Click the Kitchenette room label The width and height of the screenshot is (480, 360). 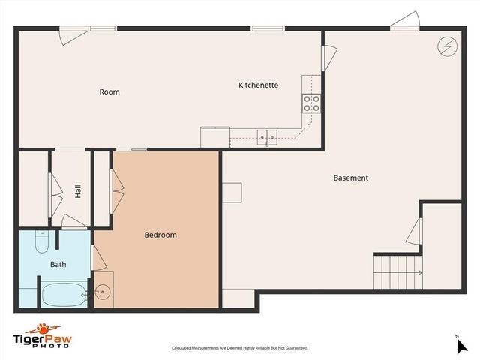pyautogui.click(x=258, y=85)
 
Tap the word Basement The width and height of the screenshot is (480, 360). pyautogui.click(x=351, y=178)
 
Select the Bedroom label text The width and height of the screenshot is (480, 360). pyautogui.click(x=160, y=235)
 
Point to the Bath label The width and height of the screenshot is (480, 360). pyautogui.click(x=58, y=265)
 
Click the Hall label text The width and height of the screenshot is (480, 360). pyautogui.click(x=78, y=191)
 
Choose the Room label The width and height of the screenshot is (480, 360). pyautogui.click(x=109, y=92)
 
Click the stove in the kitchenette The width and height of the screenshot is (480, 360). pyautogui.click(x=311, y=103)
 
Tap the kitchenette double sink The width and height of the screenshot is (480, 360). pyautogui.click(x=268, y=136)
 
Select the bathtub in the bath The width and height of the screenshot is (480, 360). pyautogui.click(x=63, y=294)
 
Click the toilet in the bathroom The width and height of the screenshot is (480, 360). pyautogui.click(x=42, y=244)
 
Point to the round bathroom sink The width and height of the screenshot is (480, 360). pyautogui.click(x=103, y=292)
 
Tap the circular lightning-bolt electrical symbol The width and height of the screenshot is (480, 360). pyautogui.click(x=445, y=46)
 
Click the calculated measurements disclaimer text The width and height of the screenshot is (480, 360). pyautogui.click(x=239, y=348)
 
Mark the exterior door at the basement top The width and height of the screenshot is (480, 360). pyautogui.click(x=404, y=22)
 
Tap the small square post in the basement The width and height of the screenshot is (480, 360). pyautogui.click(x=232, y=192)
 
